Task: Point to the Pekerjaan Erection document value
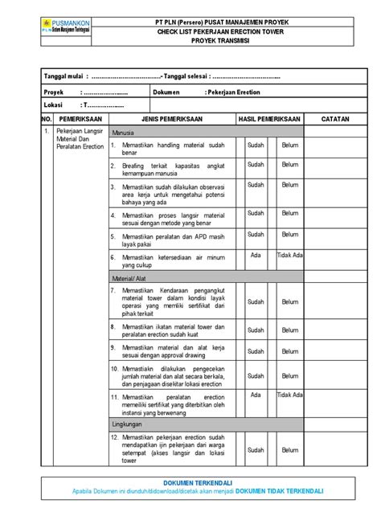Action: click(233, 92)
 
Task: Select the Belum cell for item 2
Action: click(290, 165)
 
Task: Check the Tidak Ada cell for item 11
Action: click(290, 395)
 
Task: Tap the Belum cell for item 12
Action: click(290, 451)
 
